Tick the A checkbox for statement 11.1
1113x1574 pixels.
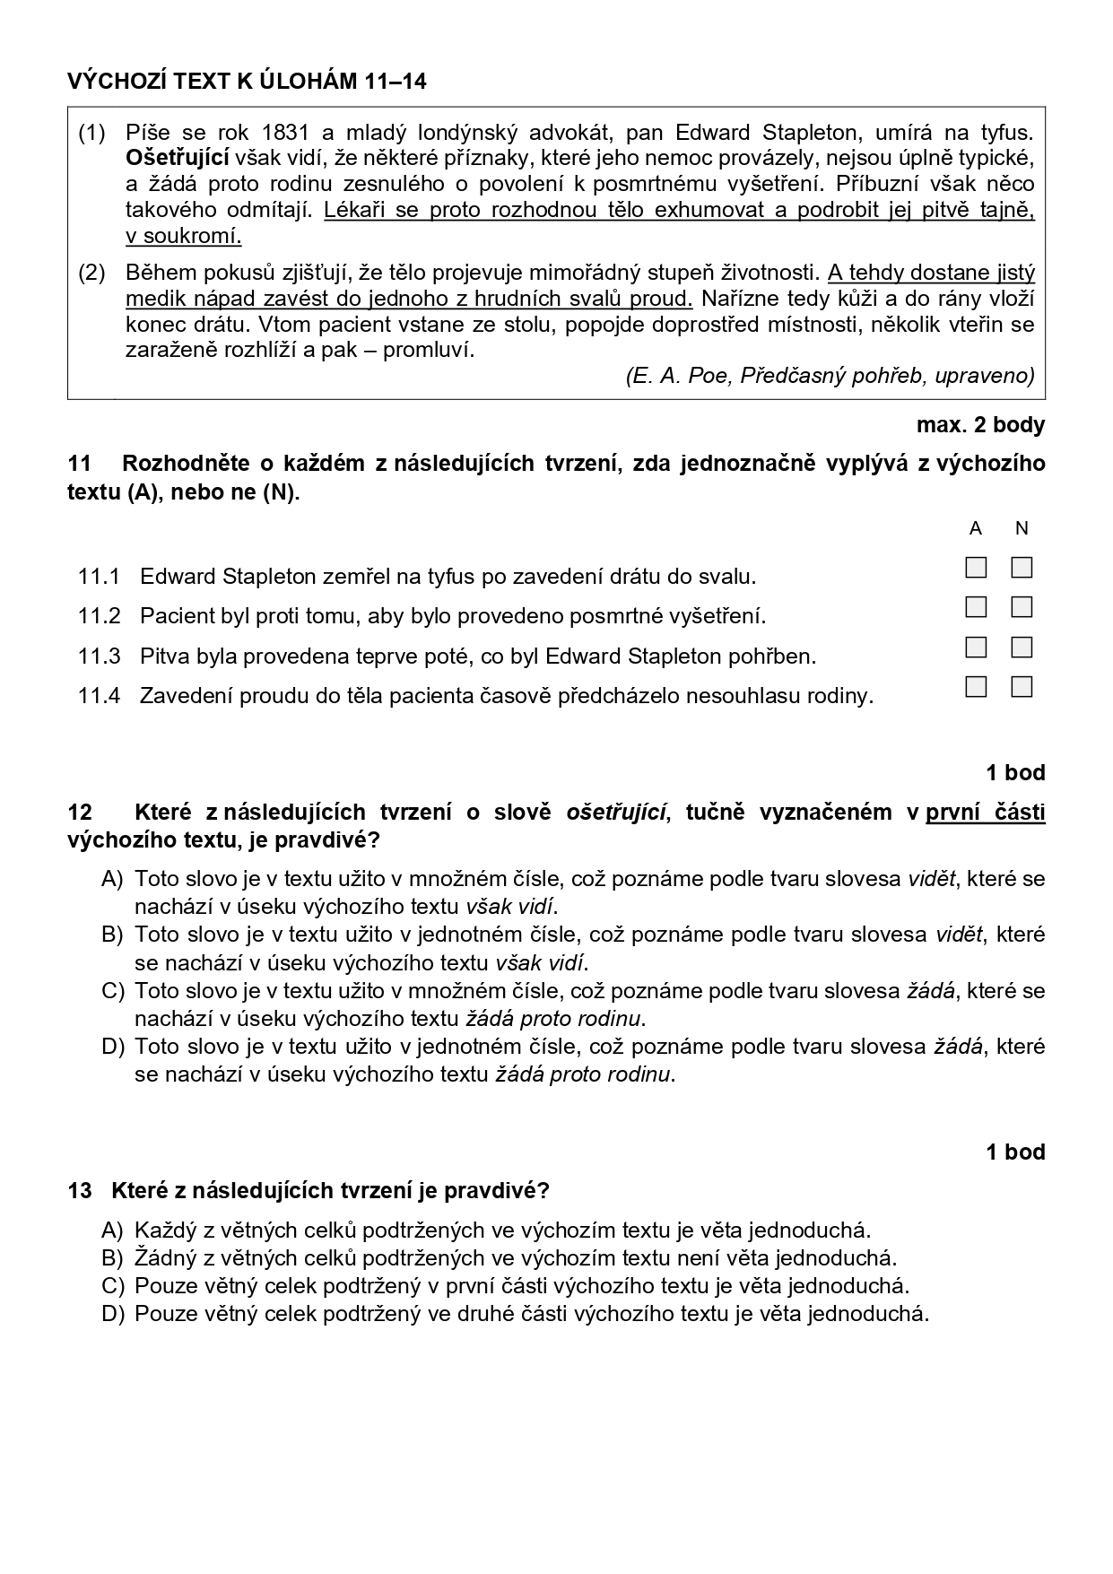click(x=976, y=568)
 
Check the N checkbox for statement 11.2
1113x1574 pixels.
click(x=1022, y=607)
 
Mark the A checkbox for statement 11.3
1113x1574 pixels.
click(x=976, y=647)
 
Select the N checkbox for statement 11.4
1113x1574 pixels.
click(x=1022, y=686)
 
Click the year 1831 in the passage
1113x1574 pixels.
click(x=284, y=133)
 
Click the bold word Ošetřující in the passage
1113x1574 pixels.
click(x=178, y=159)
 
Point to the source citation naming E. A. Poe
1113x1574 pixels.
click(x=830, y=375)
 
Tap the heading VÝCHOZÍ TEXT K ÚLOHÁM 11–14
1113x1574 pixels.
click(x=247, y=82)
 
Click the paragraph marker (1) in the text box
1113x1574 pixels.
click(x=91, y=133)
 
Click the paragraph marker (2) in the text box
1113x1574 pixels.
click(x=91, y=272)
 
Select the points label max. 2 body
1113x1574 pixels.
click(x=980, y=424)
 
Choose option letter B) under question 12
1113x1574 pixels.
click(x=112, y=935)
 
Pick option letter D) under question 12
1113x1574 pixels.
click(x=112, y=1046)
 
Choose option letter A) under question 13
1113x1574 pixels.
click(x=112, y=1230)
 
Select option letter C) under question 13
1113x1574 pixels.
click(x=112, y=1285)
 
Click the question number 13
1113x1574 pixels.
click(x=80, y=1190)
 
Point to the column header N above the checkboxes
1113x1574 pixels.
click(x=1022, y=528)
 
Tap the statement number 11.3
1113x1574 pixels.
click(x=99, y=656)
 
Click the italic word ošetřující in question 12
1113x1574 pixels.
click(x=616, y=812)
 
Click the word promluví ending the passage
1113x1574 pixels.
click(x=428, y=349)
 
